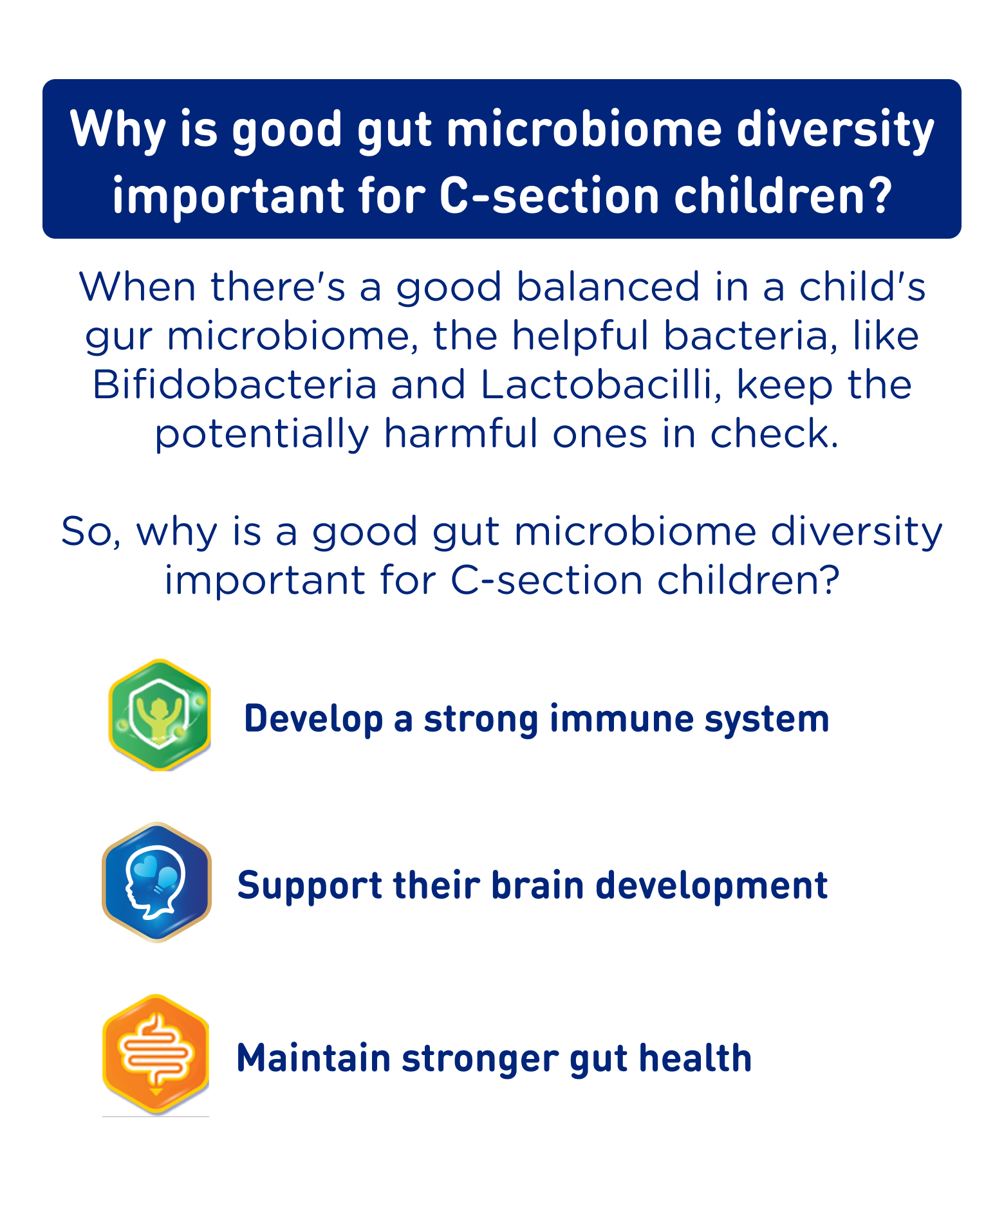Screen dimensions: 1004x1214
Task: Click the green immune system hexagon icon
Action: pos(160,715)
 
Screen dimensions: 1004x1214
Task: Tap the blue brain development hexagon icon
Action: pos(156,882)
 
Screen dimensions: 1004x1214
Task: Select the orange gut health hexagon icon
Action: pos(156,1054)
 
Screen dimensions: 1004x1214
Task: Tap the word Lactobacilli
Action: pos(600,385)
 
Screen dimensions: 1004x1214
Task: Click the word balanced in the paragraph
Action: pos(608,287)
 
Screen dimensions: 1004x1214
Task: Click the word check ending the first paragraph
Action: pos(775,434)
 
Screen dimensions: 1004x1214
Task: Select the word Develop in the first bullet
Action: pos(313,719)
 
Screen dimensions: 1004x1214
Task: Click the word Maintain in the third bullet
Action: pos(313,1058)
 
